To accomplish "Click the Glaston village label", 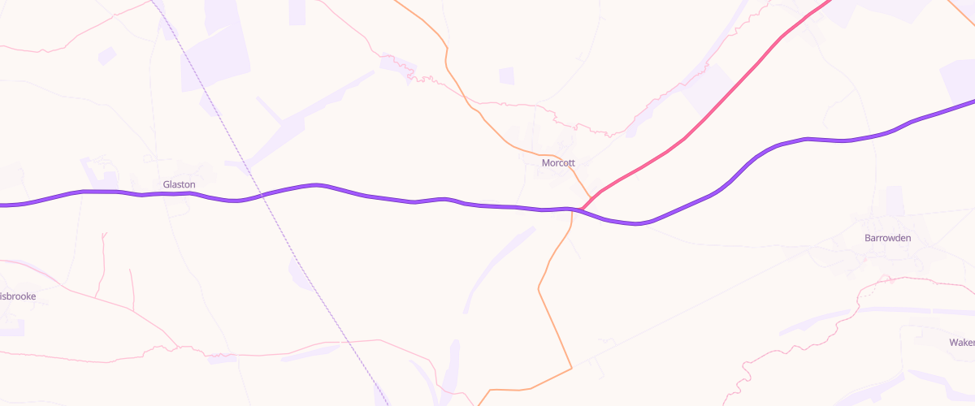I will [179, 184].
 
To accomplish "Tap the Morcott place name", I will [558, 162].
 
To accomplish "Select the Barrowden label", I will [887, 238].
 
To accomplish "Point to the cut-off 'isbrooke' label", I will [17, 296].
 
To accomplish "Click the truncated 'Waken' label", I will [961, 342].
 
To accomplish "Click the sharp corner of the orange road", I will [572, 368].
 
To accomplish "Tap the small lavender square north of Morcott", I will [506, 76].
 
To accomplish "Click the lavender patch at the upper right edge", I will [959, 81].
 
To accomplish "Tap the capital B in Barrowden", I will [867, 238].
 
